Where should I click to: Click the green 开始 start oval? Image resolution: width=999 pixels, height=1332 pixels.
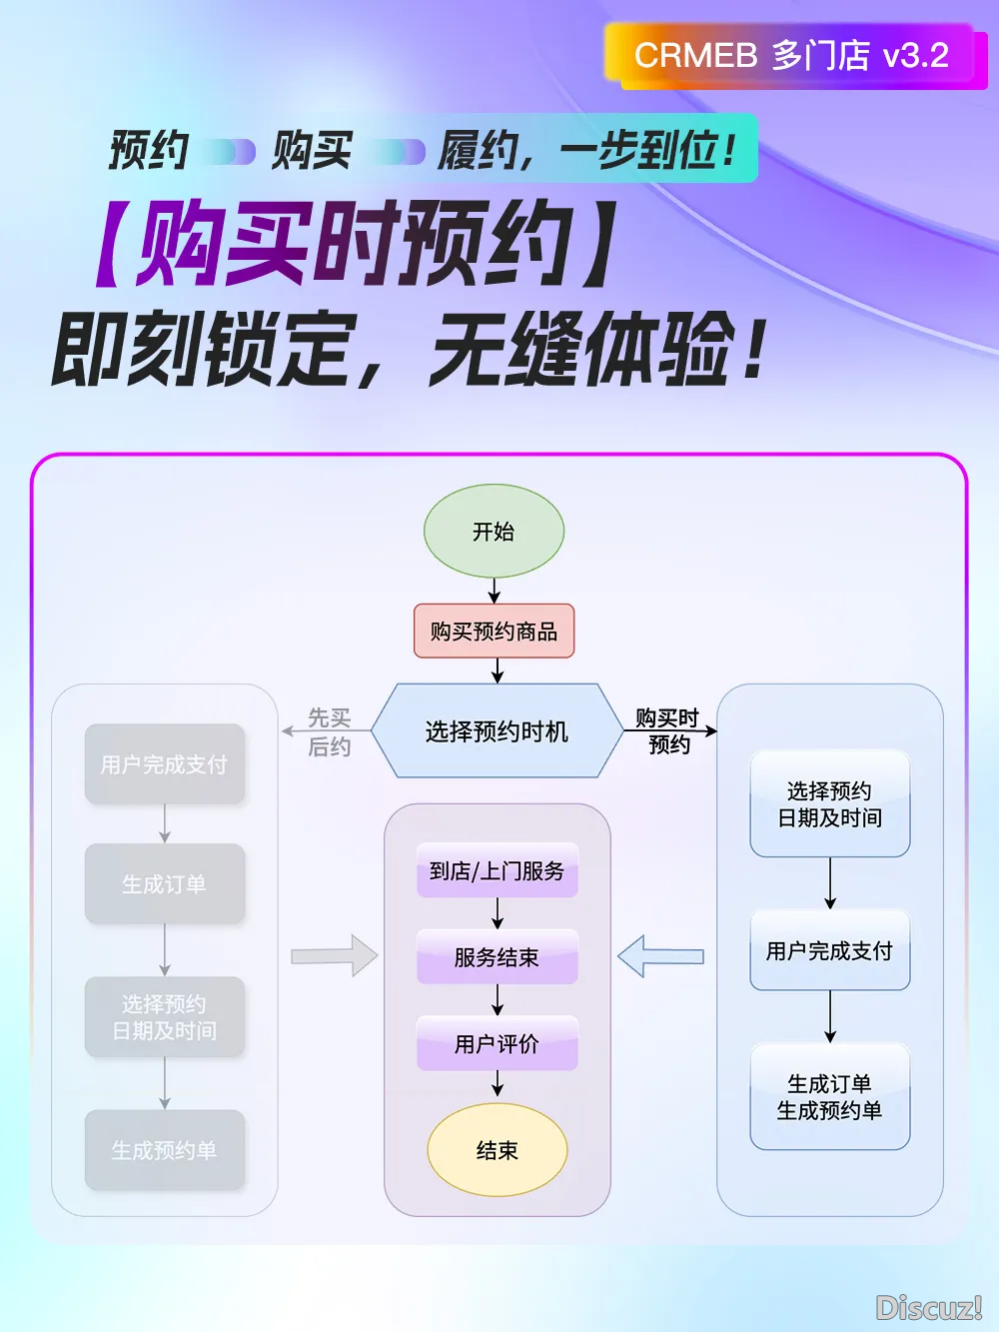(x=494, y=531)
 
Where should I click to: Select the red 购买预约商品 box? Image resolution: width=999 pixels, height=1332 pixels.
(x=494, y=631)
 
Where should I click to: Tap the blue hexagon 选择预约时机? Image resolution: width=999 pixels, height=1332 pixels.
(x=497, y=730)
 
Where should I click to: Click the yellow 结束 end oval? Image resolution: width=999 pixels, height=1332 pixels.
(x=497, y=1150)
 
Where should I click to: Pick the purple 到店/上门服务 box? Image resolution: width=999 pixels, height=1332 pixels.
(x=497, y=870)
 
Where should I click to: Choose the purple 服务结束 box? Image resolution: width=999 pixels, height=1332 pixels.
(x=497, y=956)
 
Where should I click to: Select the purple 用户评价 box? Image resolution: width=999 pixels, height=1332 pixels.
(x=497, y=1043)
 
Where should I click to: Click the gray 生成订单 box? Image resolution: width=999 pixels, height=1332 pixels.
(x=165, y=883)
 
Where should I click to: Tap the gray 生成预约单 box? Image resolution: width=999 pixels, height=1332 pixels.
(x=165, y=1150)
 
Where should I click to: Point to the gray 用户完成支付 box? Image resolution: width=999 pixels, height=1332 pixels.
(x=165, y=764)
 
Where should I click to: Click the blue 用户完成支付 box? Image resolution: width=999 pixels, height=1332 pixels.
(x=829, y=950)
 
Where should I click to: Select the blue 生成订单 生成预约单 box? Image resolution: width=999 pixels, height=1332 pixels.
(x=829, y=1096)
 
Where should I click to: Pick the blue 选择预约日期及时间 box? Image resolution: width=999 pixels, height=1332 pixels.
(x=829, y=803)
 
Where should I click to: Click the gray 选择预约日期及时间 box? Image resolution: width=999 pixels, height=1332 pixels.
(x=165, y=1016)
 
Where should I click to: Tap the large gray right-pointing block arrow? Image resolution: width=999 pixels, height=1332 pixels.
(x=335, y=956)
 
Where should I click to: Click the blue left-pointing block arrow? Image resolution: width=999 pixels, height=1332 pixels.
(x=660, y=956)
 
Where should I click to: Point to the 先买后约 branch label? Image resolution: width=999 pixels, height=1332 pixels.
(x=329, y=731)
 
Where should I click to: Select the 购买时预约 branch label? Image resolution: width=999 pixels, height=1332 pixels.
(x=667, y=730)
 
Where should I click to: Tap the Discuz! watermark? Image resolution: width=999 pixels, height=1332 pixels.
(x=928, y=1307)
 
